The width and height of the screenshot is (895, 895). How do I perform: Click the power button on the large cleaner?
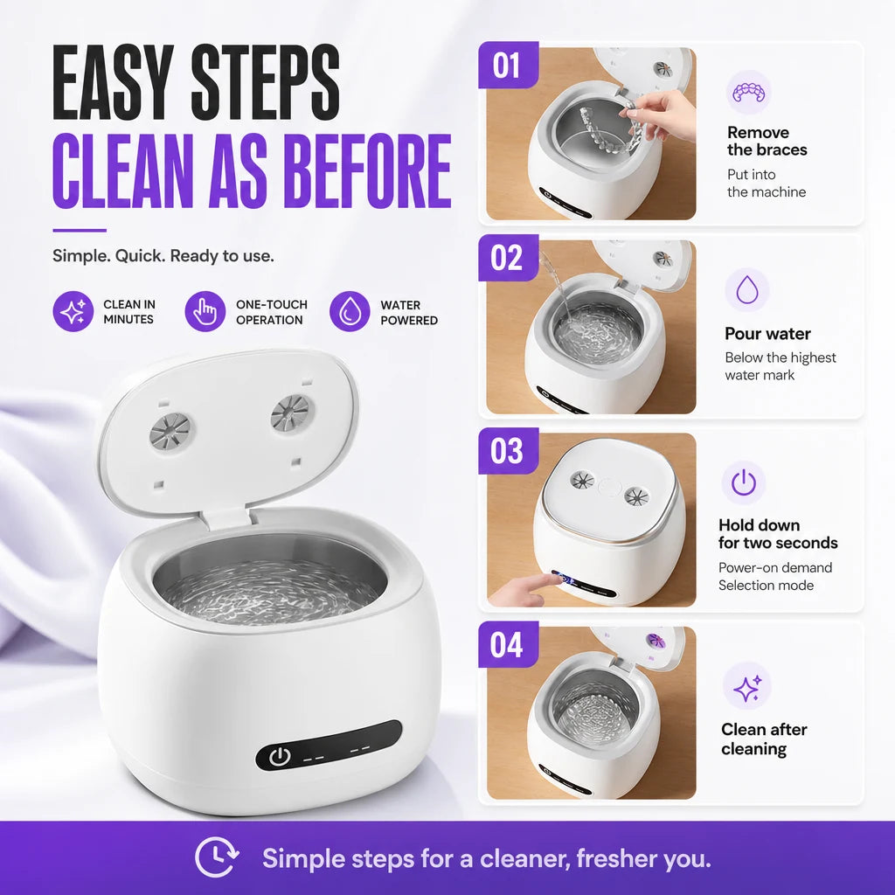[x=280, y=757]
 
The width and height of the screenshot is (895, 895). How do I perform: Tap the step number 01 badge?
[x=508, y=65]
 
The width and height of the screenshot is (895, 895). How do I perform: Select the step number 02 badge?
[x=508, y=258]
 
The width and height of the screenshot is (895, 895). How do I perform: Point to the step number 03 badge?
[x=508, y=451]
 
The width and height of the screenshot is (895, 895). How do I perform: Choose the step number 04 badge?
[x=508, y=644]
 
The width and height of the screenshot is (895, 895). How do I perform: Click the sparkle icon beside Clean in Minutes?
[x=73, y=311]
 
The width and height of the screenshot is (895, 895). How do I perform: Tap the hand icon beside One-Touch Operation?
[x=205, y=311]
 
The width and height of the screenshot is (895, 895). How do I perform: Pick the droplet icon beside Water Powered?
[x=350, y=311]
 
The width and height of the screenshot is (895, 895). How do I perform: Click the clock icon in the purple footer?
[x=217, y=857]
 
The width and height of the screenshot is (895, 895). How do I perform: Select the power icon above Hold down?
[x=744, y=482]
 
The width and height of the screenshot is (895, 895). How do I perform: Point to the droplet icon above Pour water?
[x=746, y=290]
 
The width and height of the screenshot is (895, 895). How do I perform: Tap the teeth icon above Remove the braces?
[x=748, y=92]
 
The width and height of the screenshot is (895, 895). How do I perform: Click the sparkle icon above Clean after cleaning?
[x=746, y=686]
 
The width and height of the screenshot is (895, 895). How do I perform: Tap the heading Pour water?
[x=767, y=334]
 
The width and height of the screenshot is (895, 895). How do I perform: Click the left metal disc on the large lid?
[x=170, y=430]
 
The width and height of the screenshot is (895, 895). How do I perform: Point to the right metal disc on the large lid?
[x=290, y=413]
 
